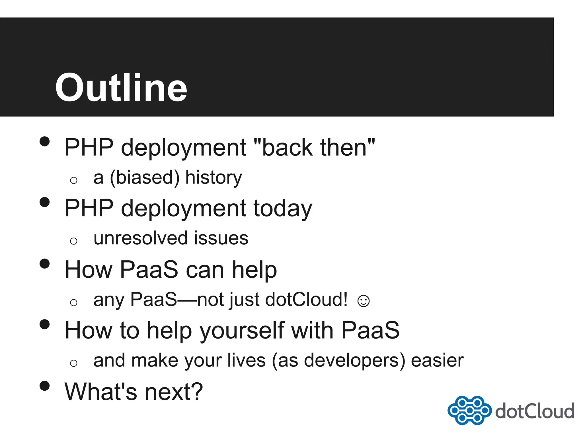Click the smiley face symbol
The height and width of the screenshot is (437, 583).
point(363,301)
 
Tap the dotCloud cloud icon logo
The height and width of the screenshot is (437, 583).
point(469,410)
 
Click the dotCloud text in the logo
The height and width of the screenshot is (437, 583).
point(535,411)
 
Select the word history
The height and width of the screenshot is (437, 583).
point(214,178)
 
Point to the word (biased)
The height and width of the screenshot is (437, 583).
point(145,178)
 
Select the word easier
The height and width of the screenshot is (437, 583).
point(437,360)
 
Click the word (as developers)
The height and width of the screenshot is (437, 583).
point(338,360)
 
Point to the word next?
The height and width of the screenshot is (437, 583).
point(174,392)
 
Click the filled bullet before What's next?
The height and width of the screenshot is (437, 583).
point(45,386)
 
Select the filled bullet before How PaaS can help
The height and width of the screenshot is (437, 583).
point(45,263)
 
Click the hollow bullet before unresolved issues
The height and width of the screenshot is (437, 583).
point(74,241)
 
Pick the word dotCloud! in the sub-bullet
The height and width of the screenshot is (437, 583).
point(306,300)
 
